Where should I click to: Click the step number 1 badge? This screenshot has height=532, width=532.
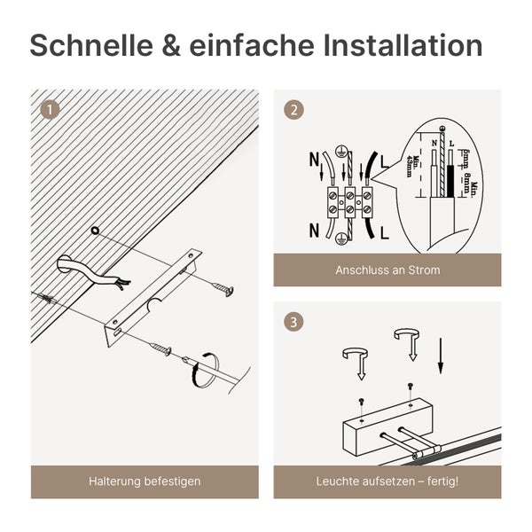point(51,110)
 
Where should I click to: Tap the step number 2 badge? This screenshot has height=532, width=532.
point(293,110)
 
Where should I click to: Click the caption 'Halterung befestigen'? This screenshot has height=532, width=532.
point(145,481)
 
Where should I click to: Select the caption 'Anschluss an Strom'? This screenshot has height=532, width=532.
point(387,270)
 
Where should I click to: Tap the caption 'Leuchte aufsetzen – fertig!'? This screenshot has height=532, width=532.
point(387,481)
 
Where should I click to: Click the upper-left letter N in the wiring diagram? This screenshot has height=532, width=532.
point(314,160)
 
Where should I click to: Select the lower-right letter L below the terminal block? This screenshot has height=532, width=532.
point(384,234)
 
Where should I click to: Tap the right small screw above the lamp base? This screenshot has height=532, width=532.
point(409,386)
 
